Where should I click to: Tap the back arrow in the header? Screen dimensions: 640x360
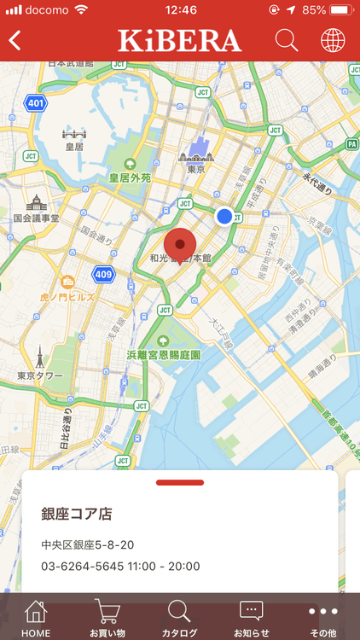coord(15,40)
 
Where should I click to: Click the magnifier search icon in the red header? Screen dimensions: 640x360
coord(287,40)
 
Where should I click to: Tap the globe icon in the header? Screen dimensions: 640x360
coord(333,40)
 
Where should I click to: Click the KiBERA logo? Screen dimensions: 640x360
coord(180,40)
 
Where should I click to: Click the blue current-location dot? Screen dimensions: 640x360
coord(224,217)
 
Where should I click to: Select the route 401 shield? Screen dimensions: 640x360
coord(35,104)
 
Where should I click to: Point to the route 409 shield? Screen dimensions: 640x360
coord(103,275)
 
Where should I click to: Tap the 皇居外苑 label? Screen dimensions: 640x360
coord(130,178)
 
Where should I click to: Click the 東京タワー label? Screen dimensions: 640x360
coord(41,375)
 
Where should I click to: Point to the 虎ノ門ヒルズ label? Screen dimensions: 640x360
coord(69,299)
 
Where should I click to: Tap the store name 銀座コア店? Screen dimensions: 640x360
coord(77,514)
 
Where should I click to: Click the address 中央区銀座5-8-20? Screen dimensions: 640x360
coord(88,544)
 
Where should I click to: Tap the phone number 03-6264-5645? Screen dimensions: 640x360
coord(82,566)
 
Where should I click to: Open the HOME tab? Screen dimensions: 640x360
coord(36,618)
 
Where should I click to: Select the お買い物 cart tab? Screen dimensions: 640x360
coord(107,618)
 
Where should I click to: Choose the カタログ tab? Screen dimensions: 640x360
coord(179,618)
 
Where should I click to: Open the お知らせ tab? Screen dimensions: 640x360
coord(252,618)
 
